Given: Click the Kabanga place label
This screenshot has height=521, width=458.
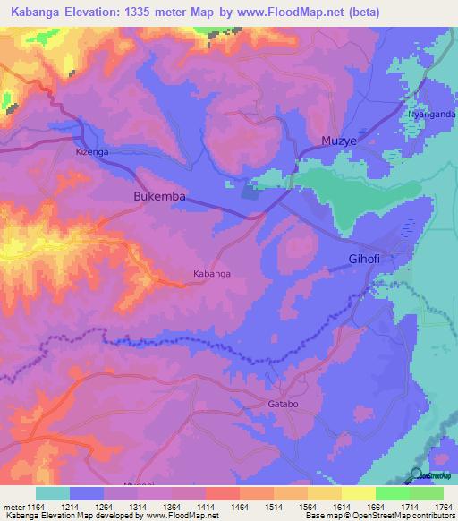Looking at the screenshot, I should click(213, 273).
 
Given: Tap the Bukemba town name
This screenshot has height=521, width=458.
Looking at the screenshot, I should click(158, 195).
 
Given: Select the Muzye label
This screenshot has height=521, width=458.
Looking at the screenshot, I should click(339, 141).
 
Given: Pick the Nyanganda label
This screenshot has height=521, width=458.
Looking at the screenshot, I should click(424, 115).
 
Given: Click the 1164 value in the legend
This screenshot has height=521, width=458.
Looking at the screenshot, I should click(35, 507).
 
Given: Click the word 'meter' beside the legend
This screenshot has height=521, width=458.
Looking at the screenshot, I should click(12, 507).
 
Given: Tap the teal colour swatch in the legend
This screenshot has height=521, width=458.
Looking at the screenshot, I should click(53, 493).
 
